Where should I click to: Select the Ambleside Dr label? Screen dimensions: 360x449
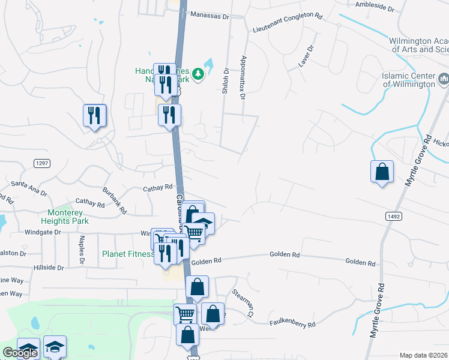(374, 10)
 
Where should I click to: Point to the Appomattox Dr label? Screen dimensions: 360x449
(243, 77)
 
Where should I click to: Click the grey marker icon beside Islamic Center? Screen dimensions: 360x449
(444, 78)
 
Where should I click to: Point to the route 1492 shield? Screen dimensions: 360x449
(387, 214)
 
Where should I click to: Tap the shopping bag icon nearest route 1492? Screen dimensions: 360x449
(382, 173)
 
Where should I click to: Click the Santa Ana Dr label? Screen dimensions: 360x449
(29, 188)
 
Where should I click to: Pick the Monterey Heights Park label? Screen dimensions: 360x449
(68, 217)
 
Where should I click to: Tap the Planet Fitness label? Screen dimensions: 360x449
(127, 254)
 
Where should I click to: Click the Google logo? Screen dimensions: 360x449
(20, 353)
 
